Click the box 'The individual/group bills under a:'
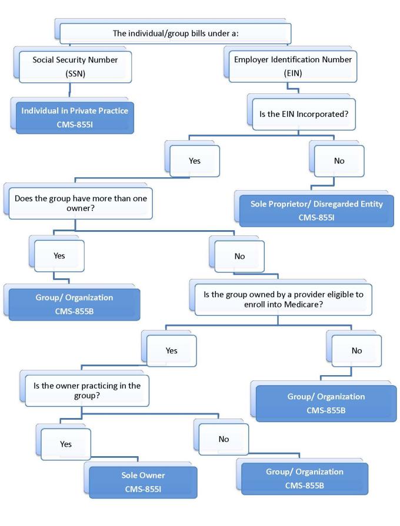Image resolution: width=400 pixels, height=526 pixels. [x=175, y=33]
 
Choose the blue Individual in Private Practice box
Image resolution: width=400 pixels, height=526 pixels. [x=74, y=116]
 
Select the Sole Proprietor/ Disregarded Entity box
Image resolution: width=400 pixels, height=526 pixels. [x=308, y=210]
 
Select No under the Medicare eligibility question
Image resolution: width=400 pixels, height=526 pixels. [x=356, y=350]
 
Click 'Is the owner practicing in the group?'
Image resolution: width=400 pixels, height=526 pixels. [x=87, y=391]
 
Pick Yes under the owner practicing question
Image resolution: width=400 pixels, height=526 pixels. [x=65, y=444]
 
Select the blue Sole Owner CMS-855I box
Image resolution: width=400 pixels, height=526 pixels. [x=140, y=480]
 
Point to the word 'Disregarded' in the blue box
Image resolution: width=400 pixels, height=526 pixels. [x=322, y=204]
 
